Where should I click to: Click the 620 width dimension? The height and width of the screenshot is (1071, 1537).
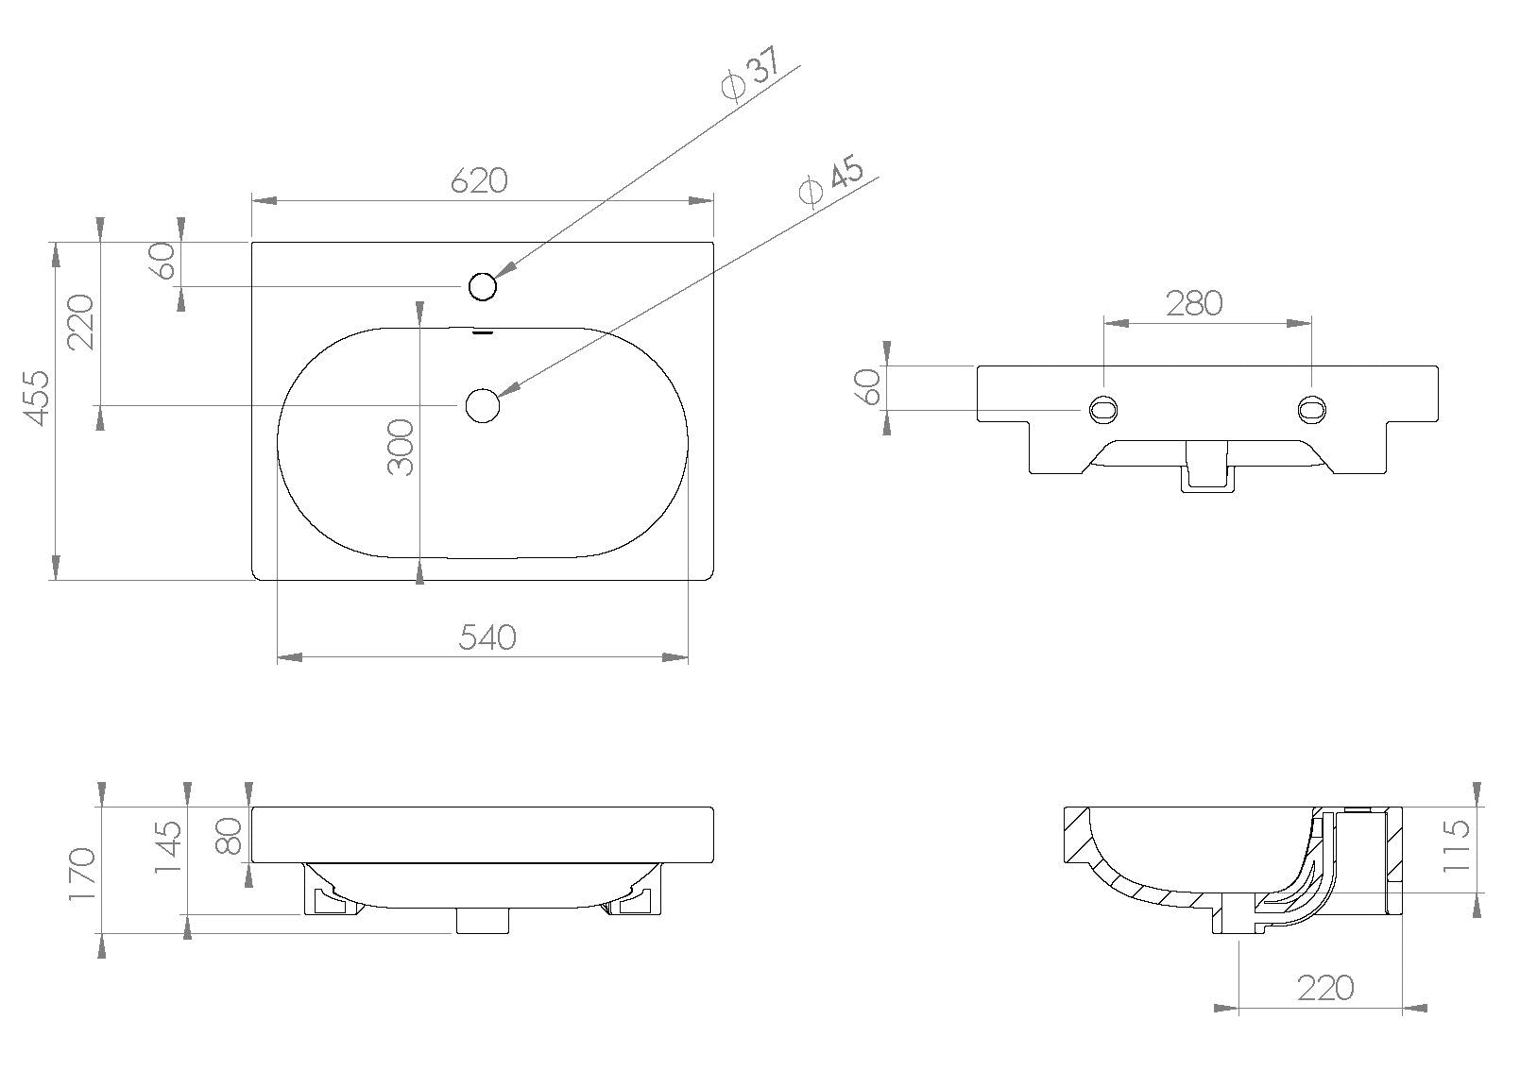tap(478, 179)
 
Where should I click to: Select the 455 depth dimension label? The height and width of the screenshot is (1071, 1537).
tap(35, 398)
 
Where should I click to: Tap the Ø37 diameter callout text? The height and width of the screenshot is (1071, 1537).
tap(748, 78)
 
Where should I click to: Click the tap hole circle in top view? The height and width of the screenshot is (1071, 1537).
tap(483, 285)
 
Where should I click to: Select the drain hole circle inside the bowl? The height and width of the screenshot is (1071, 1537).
tap(482, 405)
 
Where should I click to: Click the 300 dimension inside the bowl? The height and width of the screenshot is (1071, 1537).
tap(401, 448)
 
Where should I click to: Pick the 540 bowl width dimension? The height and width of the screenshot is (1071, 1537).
tap(487, 637)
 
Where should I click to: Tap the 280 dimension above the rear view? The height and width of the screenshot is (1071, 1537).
tap(1194, 303)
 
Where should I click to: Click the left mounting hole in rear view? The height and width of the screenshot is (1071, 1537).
tap(1103, 409)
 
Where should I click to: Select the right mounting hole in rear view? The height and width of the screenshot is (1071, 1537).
tap(1311, 409)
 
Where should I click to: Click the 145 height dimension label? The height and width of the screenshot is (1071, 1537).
tap(167, 847)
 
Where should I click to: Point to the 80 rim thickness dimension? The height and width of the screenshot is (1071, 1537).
tap(230, 834)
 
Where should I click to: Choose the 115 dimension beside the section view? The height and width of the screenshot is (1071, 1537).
tap(1459, 845)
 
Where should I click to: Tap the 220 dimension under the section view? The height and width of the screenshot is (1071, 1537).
tap(1324, 988)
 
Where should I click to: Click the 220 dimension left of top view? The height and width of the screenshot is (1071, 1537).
tap(82, 321)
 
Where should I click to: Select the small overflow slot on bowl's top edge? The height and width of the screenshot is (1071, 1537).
tap(483, 331)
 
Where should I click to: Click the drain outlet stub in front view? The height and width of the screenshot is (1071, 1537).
tap(484, 921)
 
